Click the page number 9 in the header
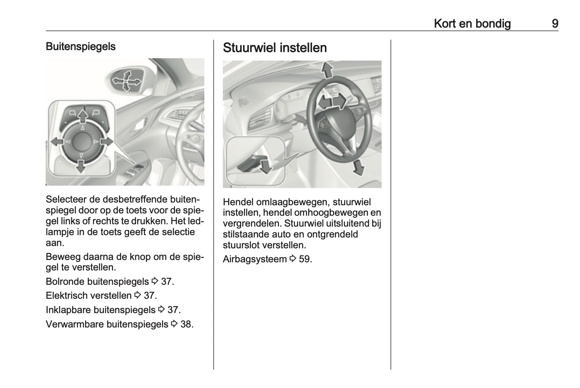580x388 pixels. click(555, 24)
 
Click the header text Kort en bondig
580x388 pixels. click(472, 24)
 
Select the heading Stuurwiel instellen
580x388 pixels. click(275, 48)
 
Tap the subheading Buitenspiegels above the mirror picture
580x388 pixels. click(81, 47)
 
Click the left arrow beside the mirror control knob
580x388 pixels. click(57, 142)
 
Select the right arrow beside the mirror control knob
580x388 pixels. click(106, 142)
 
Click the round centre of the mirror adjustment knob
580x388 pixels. click(81, 141)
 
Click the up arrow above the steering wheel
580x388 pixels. click(328, 70)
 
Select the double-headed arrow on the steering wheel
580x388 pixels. click(331, 102)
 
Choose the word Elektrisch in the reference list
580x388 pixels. click(66, 295)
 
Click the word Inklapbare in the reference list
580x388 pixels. click(68, 310)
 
